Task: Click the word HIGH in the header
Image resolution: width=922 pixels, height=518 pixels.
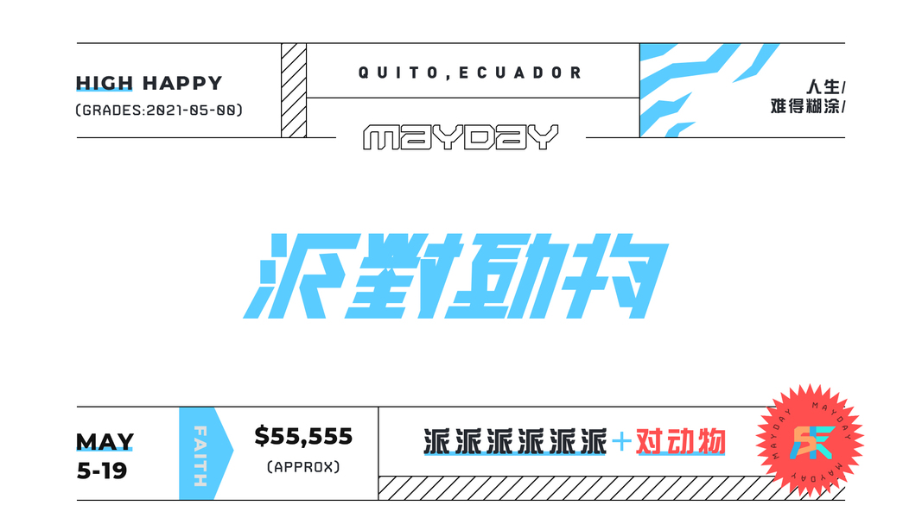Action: click(105, 84)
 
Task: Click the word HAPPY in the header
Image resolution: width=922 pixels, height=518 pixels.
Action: click(182, 84)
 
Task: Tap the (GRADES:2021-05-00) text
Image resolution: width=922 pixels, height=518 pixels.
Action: click(159, 110)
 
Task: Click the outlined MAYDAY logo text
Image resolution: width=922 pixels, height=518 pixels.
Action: click(461, 138)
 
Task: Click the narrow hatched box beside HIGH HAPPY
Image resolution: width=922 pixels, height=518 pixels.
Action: click(294, 91)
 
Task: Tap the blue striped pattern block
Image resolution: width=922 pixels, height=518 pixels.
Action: click(691, 91)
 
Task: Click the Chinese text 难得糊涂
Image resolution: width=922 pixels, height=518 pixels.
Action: click(804, 107)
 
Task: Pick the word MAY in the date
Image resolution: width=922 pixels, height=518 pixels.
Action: click(105, 442)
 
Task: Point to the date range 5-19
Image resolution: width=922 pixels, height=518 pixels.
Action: click(102, 471)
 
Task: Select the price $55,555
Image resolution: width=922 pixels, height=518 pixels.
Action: click(303, 437)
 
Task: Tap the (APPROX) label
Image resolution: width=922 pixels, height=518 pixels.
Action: click(303, 467)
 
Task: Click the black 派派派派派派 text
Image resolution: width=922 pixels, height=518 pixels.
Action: click(515, 443)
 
